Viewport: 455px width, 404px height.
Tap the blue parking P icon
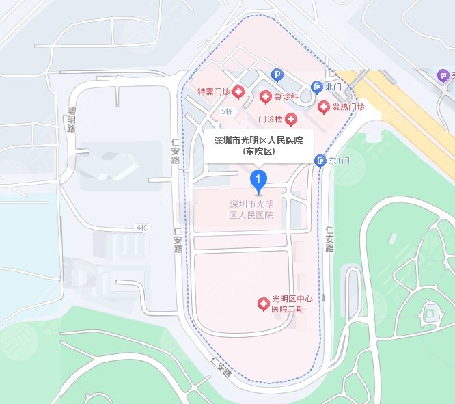click(277, 75)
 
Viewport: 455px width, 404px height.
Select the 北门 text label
click(333, 87)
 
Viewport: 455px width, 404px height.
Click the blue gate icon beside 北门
click(316, 87)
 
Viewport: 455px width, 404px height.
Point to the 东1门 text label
click(339, 161)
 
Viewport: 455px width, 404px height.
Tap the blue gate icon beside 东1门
click(320, 161)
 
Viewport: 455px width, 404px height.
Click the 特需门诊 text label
click(214, 92)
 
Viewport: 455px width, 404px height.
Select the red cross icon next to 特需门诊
click(238, 92)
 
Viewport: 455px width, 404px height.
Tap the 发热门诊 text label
click(348, 107)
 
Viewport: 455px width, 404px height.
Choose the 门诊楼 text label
click(270, 120)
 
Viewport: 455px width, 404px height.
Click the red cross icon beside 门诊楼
click(292, 120)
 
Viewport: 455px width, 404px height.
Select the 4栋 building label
click(141, 227)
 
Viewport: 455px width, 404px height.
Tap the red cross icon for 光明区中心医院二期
click(261, 303)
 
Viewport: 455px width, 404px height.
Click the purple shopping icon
click(443, 75)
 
